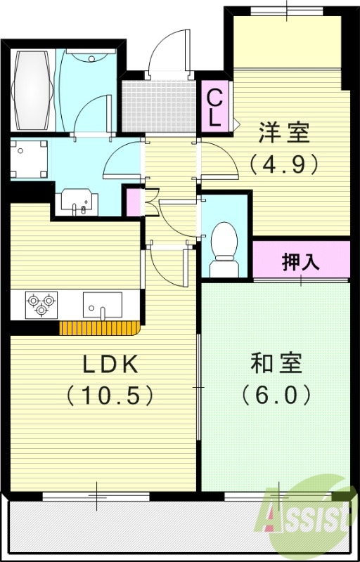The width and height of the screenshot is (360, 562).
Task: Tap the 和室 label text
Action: (x=276, y=364)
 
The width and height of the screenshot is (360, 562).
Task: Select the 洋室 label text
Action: (x=284, y=131)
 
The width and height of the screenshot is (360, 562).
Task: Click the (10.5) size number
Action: (x=110, y=396)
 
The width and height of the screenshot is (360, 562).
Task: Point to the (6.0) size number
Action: (x=276, y=396)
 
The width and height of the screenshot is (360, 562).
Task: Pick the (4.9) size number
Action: (x=284, y=164)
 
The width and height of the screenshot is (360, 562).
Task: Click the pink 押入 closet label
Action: (x=301, y=261)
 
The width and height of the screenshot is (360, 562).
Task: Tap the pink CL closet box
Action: (x=215, y=107)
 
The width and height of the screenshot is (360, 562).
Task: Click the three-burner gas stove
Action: (x=39, y=304)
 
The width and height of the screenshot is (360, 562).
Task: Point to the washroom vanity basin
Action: (x=76, y=200)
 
